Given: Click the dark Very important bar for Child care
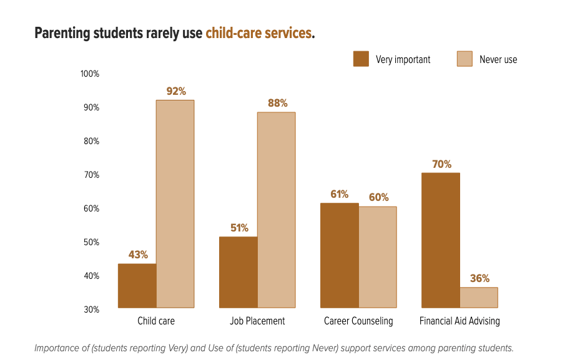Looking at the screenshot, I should pos(137,286).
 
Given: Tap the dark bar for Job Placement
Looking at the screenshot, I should pos(238,272).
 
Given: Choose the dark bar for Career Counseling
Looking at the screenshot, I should pos(339,255).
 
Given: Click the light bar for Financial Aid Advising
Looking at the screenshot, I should pos(479,298).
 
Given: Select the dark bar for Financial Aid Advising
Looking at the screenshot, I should pos(441,240).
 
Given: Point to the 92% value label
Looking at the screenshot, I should pos(176,91).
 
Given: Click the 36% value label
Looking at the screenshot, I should pos(479,278).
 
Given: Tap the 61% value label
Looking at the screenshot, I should pos(340,194).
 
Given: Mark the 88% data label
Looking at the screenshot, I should pos(277,103).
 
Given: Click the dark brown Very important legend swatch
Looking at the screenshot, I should pos(361,59).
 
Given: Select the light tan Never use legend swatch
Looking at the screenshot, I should pos(464,59).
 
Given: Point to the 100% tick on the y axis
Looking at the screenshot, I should pos(90,74).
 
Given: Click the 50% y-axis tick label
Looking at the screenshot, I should pos(91,242).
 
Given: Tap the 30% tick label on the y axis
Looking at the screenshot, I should pos(91,309).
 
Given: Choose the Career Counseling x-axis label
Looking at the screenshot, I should pos(358,321).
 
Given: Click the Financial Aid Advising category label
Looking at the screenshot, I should pos(460,321).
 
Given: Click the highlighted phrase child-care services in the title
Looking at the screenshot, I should pos(258,33).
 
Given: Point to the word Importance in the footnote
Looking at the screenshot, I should pos(61,348).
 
